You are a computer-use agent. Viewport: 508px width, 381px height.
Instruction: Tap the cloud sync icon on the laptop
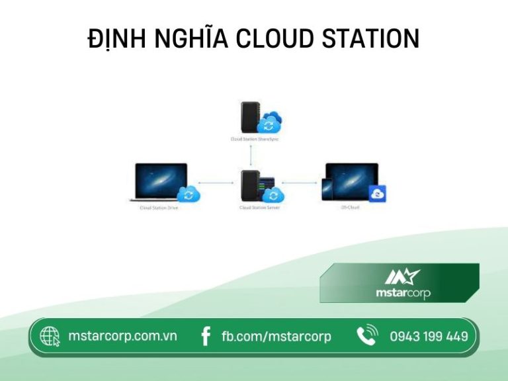point(189,193)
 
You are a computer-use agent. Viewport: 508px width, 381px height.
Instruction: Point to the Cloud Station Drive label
point(159,208)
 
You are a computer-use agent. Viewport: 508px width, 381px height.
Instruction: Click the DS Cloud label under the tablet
point(351,208)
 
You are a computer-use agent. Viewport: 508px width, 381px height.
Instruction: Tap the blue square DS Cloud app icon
point(377,193)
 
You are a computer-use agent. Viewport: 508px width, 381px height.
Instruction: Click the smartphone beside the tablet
point(326,188)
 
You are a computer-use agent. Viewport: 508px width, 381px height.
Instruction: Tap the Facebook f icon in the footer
point(206,337)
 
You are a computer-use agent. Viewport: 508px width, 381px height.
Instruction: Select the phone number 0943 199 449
point(429,337)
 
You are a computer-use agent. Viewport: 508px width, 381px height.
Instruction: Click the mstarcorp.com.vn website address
point(122,336)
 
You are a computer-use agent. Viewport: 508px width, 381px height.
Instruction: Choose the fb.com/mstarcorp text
point(276,337)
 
